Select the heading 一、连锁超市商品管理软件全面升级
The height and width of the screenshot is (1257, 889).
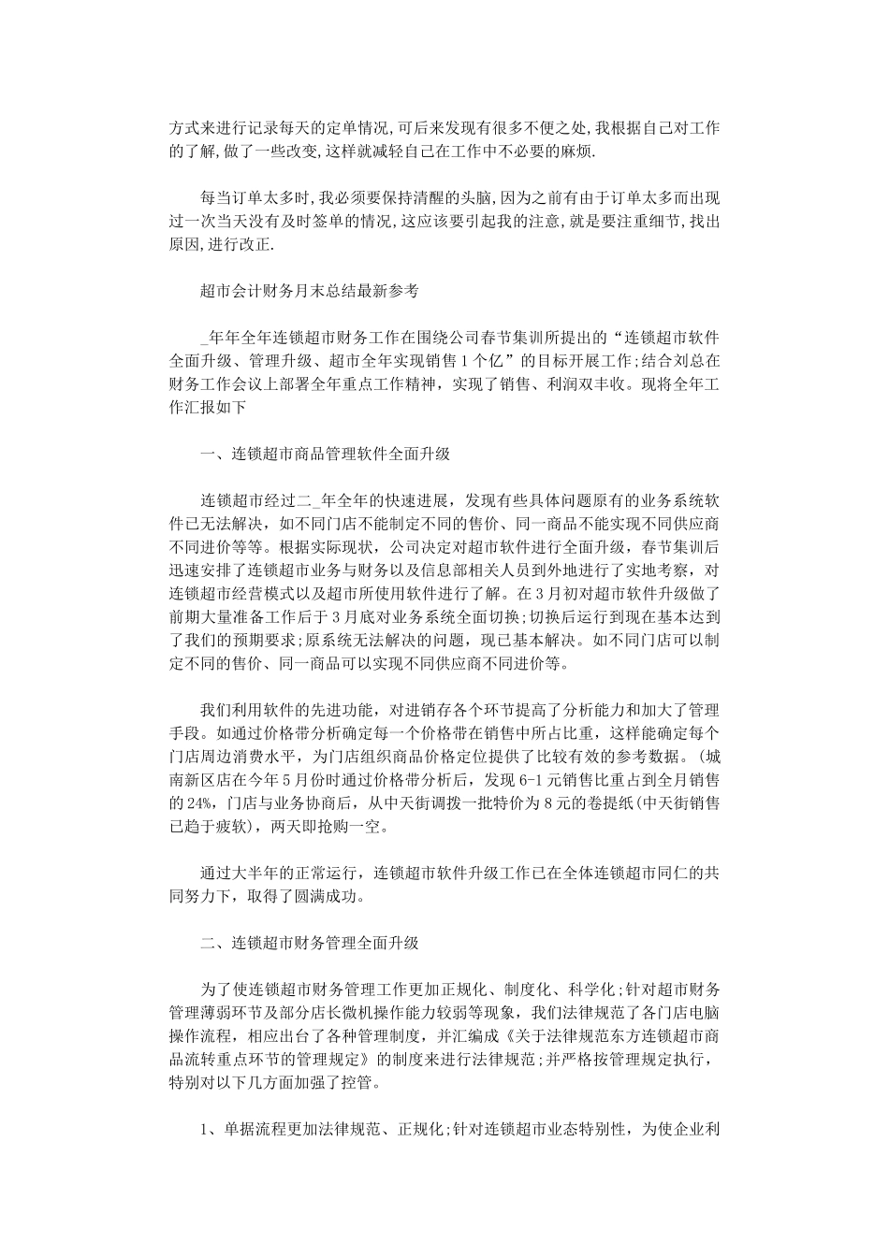326,455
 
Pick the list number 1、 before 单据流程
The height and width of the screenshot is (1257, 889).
210,1129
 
